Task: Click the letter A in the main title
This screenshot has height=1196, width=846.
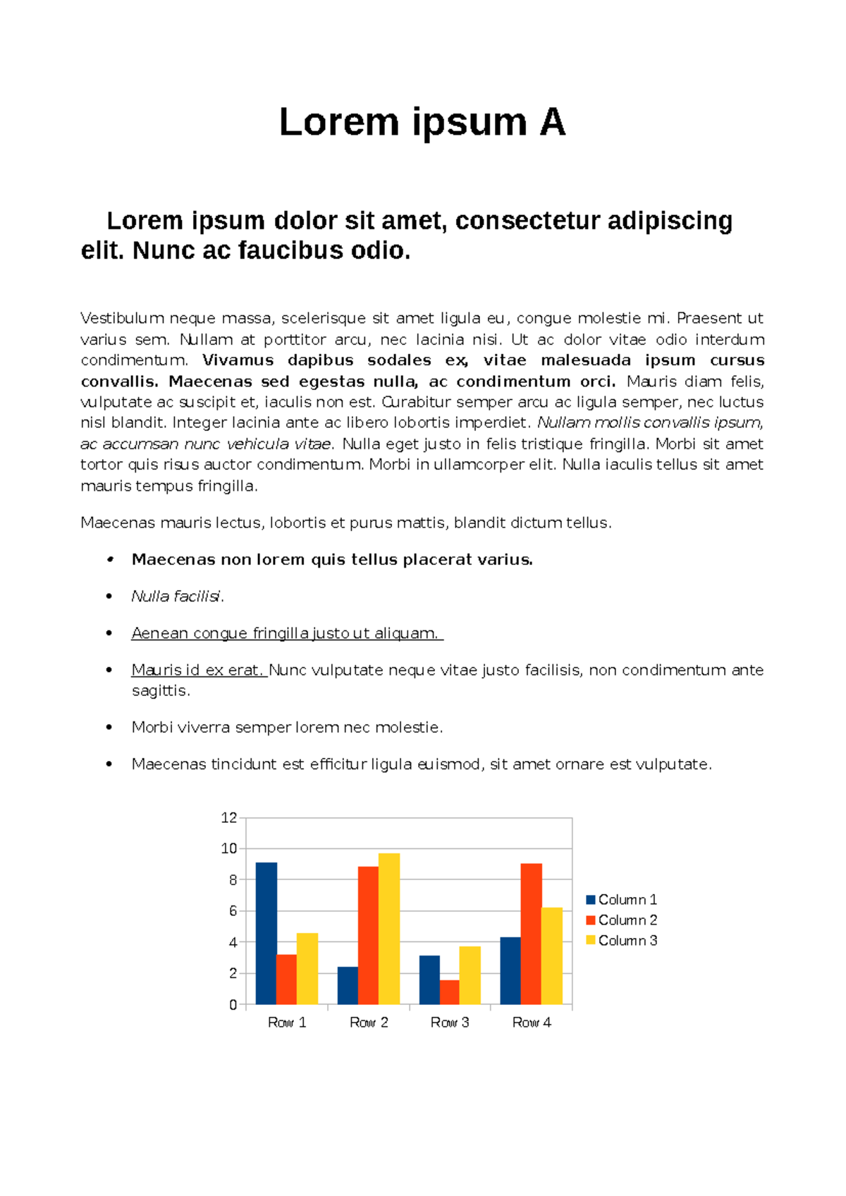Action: coord(552,123)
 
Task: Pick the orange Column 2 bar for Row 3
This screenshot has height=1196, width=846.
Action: coord(449,991)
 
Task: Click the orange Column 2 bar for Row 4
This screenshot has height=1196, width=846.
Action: coord(531,933)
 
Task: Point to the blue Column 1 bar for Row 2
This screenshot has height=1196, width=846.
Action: coord(348,985)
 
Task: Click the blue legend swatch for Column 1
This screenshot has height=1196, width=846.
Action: coord(591,900)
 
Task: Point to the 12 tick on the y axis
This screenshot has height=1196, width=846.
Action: coord(229,818)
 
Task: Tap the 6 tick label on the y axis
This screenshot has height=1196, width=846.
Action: coord(233,911)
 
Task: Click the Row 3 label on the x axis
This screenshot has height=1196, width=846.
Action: coord(450,1023)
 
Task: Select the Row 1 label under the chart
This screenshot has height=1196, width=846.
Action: coord(287,1023)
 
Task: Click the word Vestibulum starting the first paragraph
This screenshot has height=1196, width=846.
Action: coord(122,319)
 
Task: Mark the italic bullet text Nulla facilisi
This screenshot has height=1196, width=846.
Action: coord(177,597)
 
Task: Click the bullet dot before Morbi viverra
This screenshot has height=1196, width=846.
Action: coord(109,727)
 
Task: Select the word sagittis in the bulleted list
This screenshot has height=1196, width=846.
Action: coord(160,691)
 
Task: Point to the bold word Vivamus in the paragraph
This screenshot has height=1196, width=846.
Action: coord(238,360)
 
